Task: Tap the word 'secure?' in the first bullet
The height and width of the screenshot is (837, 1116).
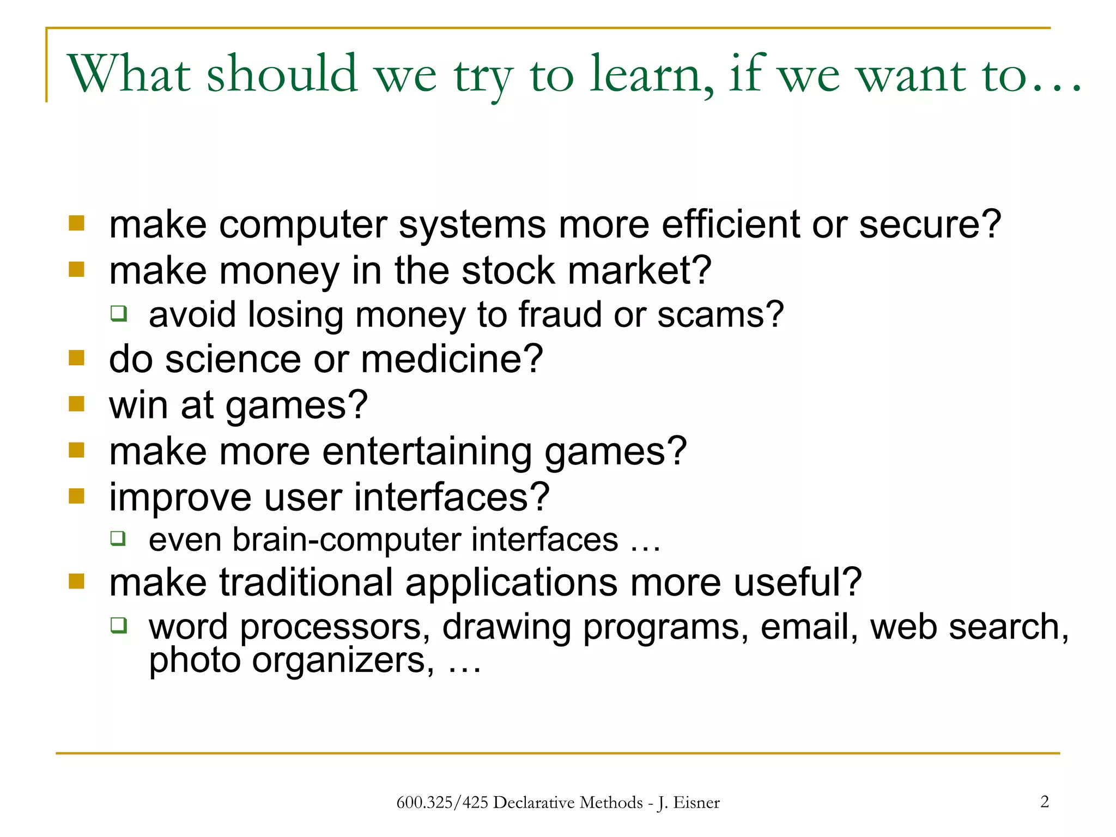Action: (x=930, y=225)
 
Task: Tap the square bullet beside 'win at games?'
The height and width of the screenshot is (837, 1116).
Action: (x=77, y=404)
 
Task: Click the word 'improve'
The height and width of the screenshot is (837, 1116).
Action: (x=180, y=498)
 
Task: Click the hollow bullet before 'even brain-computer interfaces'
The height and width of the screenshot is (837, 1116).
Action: (x=118, y=538)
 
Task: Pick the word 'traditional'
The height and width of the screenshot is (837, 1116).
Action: (x=306, y=583)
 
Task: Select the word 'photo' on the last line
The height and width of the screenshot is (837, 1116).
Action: (x=195, y=660)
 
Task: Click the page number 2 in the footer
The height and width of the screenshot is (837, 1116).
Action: (x=1044, y=802)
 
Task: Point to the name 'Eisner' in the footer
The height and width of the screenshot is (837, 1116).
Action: (x=696, y=803)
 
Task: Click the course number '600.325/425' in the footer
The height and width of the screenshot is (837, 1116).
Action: (x=442, y=803)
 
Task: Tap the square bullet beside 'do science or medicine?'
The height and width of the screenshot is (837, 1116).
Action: (x=77, y=358)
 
